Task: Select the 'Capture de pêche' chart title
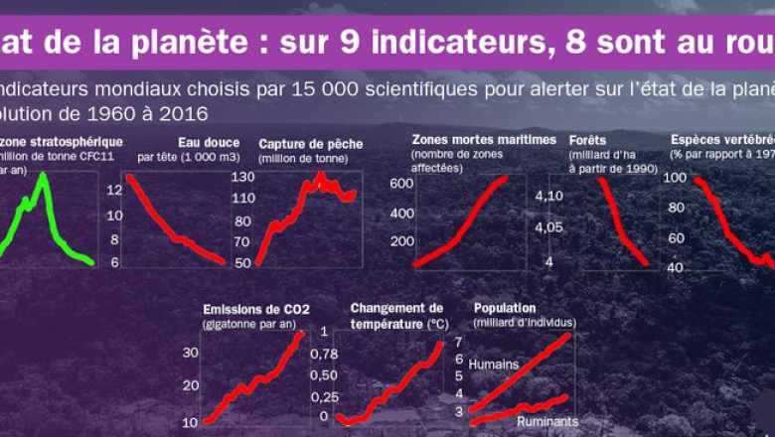pyautogui.click(x=310, y=143)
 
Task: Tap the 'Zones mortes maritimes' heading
pyautogui.click(x=483, y=139)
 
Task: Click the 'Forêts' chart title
pyautogui.click(x=587, y=140)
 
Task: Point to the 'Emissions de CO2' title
pyautogui.click(x=255, y=308)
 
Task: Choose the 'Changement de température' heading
pyautogui.click(x=397, y=315)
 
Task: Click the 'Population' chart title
pyautogui.click(x=505, y=308)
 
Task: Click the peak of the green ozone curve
pyautogui.click(x=43, y=176)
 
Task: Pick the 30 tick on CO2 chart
pyautogui.click(x=191, y=352)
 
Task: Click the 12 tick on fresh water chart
pyautogui.click(x=114, y=189)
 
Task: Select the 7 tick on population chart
pyautogui.click(x=459, y=342)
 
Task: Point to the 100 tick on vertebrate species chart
pyautogui.click(x=676, y=178)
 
